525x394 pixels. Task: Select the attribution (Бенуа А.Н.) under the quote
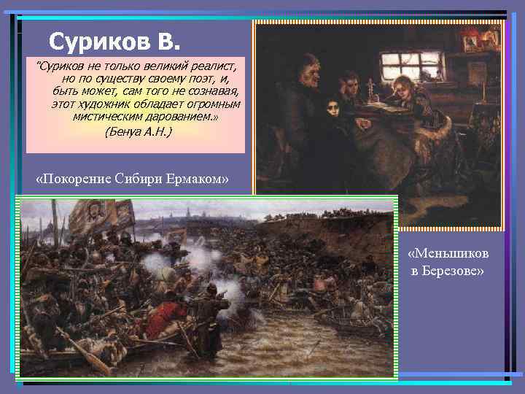coord(139,132)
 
